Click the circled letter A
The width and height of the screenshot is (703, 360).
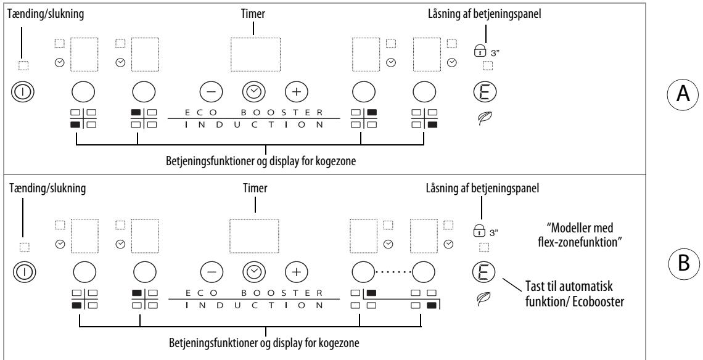(683, 94)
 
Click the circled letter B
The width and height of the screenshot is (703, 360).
(684, 263)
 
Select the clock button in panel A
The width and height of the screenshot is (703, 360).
(254, 91)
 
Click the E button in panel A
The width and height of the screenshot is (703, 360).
(485, 91)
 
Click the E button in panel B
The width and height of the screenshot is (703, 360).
(484, 271)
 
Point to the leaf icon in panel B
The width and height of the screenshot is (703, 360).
(483, 298)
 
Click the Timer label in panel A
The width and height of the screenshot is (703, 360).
(253, 14)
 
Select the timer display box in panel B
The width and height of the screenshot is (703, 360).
(254, 236)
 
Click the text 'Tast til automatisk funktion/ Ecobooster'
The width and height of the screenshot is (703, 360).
(575, 293)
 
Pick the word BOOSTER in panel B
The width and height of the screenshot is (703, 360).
(282, 293)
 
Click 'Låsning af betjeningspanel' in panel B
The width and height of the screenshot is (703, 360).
(482, 189)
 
